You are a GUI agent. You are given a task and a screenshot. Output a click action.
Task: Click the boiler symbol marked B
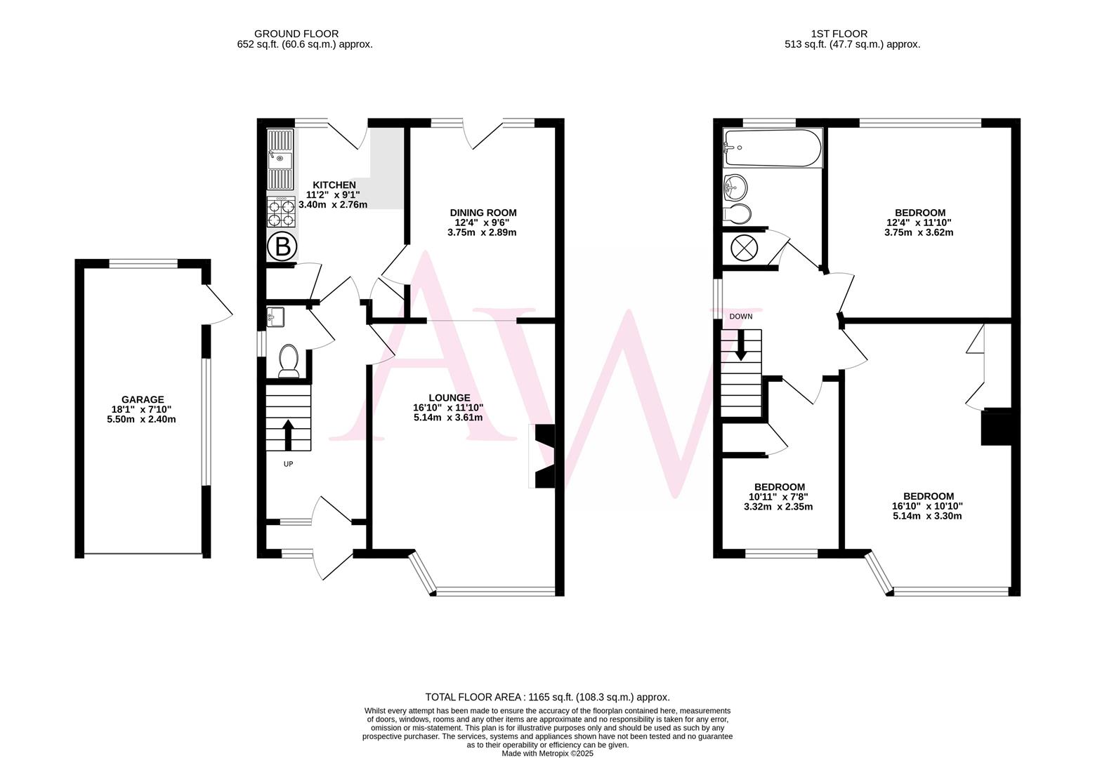[282, 246]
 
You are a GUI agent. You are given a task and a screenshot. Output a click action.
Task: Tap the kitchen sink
[280, 159]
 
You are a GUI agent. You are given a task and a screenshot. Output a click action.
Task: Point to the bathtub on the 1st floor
[772, 147]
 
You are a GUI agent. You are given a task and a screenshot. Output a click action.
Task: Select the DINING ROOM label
[483, 213]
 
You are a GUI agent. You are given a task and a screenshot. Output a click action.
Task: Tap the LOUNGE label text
[448, 398]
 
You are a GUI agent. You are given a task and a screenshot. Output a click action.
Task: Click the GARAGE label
[142, 399]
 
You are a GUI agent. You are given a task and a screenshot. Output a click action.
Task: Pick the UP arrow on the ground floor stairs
[288, 434]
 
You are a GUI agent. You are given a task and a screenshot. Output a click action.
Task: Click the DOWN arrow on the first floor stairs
[740, 345]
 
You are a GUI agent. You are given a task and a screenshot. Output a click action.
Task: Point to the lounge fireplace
[543, 456]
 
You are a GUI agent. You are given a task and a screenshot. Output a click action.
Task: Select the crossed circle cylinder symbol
[742, 248]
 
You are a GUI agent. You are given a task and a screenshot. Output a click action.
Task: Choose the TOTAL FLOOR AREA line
[547, 697]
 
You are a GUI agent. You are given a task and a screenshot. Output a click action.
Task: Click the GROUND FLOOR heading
[296, 34]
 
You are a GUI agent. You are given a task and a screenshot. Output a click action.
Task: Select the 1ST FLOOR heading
[839, 34]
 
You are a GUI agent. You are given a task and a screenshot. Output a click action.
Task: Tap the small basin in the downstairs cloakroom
[275, 317]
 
